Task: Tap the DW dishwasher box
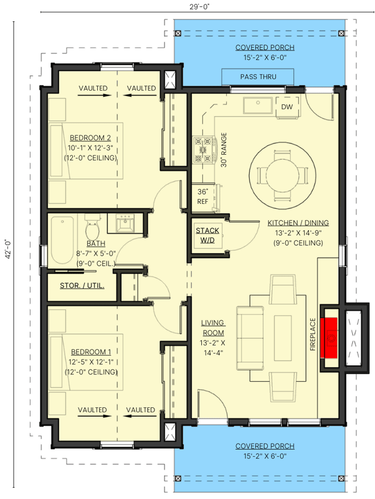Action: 287,107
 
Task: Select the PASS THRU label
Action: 258,76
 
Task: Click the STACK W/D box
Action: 207,235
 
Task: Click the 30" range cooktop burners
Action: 204,150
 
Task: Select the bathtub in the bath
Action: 62,240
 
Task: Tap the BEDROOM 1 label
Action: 90,351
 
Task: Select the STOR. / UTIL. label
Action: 82,286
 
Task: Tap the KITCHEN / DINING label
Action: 298,223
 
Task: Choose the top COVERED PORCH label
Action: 265,47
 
